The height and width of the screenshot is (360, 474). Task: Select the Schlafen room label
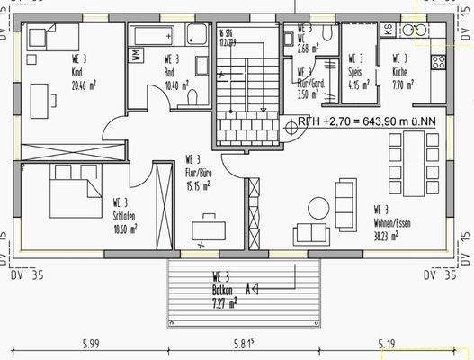[124, 216]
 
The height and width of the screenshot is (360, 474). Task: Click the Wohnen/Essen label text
[394, 216]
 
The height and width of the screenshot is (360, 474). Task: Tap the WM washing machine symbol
[136, 55]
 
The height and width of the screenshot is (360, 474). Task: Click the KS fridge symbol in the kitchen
[388, 30]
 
